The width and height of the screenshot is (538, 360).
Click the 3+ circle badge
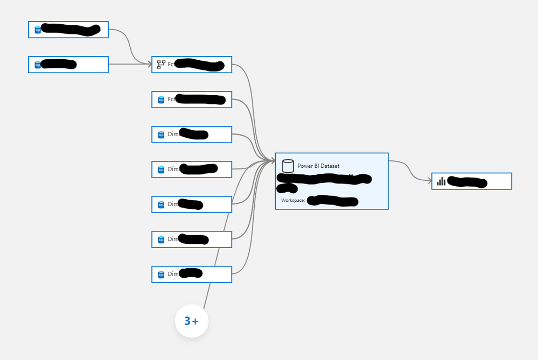click(192, 321)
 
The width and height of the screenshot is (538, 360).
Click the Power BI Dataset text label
click(318, 166)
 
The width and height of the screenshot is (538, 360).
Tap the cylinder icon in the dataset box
click(288, 165)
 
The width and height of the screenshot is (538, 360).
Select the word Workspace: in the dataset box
click(293, 201)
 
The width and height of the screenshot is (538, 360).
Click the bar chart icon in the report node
click(441, 181)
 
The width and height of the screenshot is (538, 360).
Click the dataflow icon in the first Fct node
click(160, 65)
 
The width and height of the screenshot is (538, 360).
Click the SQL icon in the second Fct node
click(161, 100)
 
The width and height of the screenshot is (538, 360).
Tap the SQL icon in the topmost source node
click(38, 30)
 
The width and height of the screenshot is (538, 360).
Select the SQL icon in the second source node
click(38, 65)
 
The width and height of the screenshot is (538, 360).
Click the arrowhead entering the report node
click(429, 181)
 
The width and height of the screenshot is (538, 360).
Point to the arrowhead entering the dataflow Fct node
click(149, 65)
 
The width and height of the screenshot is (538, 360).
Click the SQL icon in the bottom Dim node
click(161, 274)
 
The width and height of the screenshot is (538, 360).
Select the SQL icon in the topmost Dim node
click(161, 135)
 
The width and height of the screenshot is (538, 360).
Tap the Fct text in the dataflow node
click(171, 65)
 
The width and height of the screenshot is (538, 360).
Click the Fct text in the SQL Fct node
click(171, 100)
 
